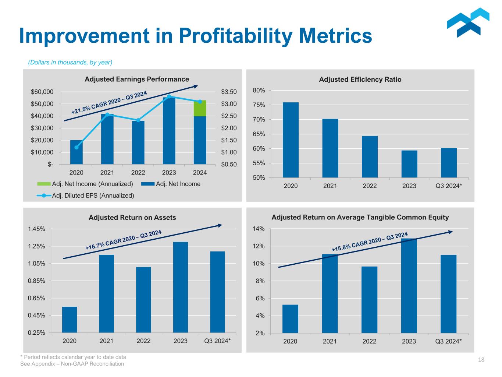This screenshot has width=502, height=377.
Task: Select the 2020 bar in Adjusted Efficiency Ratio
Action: click(x=291, y=140)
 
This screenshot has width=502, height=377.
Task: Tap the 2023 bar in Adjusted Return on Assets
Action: click(x=180, y=287)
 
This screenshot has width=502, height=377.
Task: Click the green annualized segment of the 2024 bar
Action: click(x=200, y=108)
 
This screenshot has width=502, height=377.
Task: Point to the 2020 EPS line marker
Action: click(x=76, y=147)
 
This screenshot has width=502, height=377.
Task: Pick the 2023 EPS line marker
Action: click(x=169, y=96)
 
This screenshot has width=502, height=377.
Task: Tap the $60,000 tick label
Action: click(x=42, y=92)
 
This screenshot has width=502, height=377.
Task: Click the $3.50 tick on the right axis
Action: click(x=229, y=92)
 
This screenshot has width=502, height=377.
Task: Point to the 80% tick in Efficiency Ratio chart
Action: click(x=259, y=90)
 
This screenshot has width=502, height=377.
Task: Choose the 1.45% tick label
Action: click(x=36, y=229)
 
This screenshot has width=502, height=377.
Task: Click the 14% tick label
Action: click(x=259, y=229)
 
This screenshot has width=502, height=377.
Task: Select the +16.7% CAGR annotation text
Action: click(x=124, y=240)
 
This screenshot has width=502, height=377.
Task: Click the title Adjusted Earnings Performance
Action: click(x=137, y=79)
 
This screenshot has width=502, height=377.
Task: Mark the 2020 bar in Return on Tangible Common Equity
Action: click(x=290, y=319)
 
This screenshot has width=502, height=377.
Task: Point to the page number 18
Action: click(x=481, y=360)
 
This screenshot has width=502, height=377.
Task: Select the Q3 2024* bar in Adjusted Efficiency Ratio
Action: click(x=449, y=163)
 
